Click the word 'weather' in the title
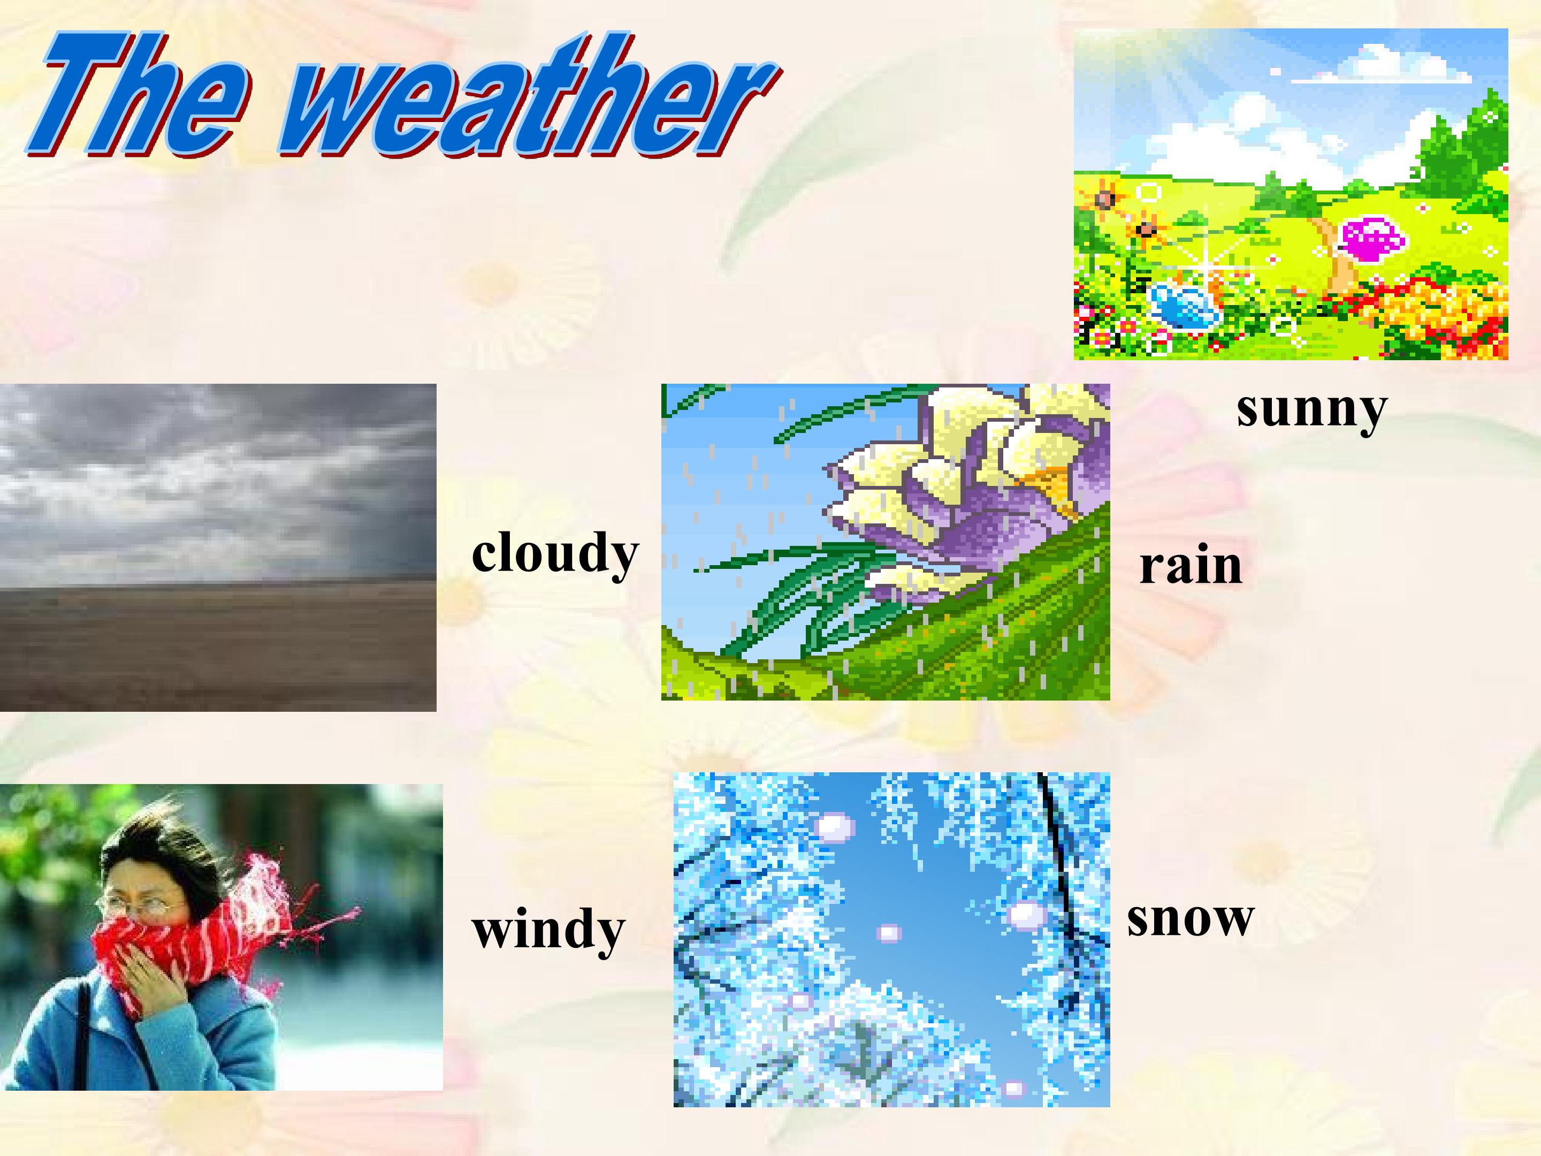coord(530,94)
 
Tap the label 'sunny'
coord(1312,411)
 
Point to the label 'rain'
coord(1191,566)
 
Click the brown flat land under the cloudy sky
coord(218,644)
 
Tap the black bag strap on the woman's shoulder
coord(83,1031)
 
